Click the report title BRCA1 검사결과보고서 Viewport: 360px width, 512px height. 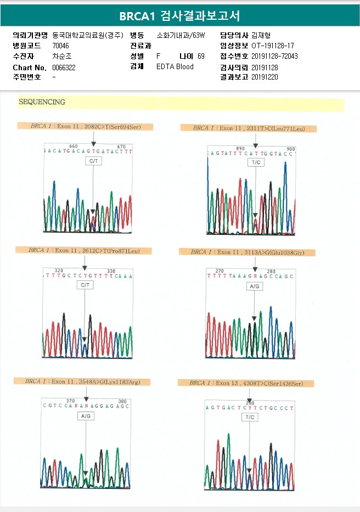pyautogui.click(x=179, y=15)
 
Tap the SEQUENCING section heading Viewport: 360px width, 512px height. pyautogui.click(x=42, y=102)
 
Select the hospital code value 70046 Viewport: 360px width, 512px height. pyautogui.click(x=61, y=46)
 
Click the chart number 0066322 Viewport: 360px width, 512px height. pyautogui.click(x=64, y=67)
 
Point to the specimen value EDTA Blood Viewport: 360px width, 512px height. pyautogui.click(x=175, y=67)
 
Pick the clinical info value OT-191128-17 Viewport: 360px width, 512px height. pyautogui.click(x=273, y=46)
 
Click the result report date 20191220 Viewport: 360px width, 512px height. pyautogui.click(x=265, y=77)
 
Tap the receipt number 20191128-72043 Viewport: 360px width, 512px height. pyautogui.click(x=275, y=57)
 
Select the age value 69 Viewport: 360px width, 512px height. pyautogui.click(x=201, y=57)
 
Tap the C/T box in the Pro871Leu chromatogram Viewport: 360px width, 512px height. pyautogui.click(x=85, y=285)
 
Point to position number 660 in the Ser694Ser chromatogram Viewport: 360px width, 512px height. pyautogui.click(x=74, y=146)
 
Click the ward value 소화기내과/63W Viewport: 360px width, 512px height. pyautogui.click(x=181, y=35)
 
